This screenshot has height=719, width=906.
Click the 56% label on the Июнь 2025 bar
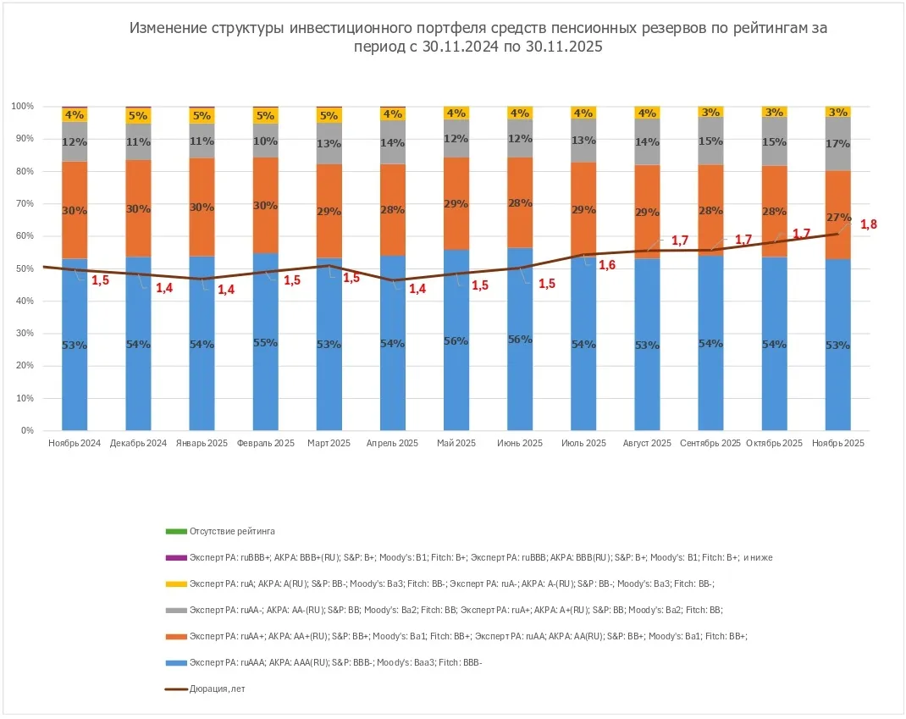520,340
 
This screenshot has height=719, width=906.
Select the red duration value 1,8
870,224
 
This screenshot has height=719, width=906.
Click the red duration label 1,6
607,265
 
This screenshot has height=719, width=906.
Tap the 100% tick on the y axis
22,106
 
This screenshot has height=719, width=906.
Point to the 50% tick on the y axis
24,268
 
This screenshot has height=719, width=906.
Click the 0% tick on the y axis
27,430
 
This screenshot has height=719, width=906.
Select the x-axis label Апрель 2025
392,443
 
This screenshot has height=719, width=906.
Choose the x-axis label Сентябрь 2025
710,443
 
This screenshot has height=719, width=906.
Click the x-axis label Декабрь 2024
138,443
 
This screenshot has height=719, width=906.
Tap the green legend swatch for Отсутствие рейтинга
175,532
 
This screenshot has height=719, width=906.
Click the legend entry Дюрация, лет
217,689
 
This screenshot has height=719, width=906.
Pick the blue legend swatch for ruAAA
175,662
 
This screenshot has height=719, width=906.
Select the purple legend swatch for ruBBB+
175,558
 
